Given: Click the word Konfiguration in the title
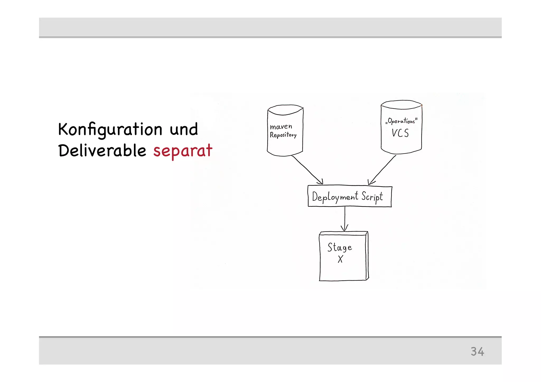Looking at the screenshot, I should click(110, 129).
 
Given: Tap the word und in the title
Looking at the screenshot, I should click(184, 129).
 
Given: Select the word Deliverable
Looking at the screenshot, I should click(102, 150).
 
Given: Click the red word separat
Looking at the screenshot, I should click(183, 151).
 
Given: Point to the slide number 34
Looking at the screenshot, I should click(477, 351).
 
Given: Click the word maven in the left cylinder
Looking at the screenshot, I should click(281, 127).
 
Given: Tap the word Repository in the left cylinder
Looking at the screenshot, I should click(283, 135).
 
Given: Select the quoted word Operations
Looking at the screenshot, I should click(401, 121).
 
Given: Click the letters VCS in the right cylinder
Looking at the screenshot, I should click(400, 133).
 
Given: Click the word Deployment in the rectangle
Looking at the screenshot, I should click(335, 197).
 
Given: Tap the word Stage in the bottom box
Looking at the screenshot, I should click(340, 247).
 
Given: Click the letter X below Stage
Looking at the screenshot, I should click(340, 259).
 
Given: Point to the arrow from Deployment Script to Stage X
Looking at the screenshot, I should click(345, 216).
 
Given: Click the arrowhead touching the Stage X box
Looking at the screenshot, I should click(344, 228).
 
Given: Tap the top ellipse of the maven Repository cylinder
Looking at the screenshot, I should click(285, 110).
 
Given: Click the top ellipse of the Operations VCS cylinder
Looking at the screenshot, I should click(401, 105).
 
